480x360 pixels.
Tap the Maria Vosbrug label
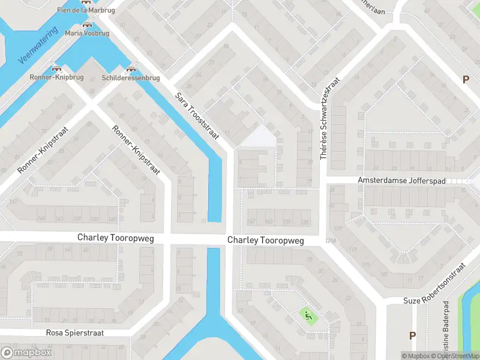87,34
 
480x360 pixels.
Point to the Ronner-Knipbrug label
56,78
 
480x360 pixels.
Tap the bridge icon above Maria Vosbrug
87,25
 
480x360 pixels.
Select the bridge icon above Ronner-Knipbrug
56,69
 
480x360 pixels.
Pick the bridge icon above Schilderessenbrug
130,69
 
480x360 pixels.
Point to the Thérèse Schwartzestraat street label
331,118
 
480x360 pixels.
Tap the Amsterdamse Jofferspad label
412,180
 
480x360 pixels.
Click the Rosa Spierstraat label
75,332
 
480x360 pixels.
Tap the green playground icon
308,315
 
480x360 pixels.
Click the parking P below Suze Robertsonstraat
412,335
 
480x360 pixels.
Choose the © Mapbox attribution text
416,356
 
